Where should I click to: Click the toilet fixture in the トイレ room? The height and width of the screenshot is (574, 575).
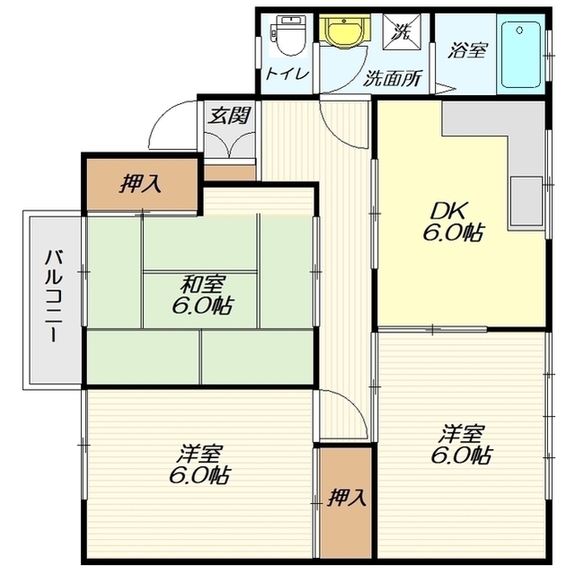[x=288, y=36]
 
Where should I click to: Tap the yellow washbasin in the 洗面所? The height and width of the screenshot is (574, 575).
[x=343, y=31]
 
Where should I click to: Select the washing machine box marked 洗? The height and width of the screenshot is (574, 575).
[x=402, y=31]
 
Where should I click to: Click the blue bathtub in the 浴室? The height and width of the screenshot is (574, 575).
[x=521, y=55]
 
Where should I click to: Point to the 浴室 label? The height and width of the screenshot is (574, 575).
[x=467, y=50]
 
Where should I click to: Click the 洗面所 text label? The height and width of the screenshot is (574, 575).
[x=393, y=77]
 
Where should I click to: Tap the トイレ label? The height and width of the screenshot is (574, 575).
[x=287, y=74]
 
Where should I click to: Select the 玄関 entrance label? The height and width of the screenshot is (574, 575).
[x=229, y=115]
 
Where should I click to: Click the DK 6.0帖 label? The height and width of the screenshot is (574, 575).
[x=453, y=221]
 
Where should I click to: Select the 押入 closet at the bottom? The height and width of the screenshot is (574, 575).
[x=346, y=502]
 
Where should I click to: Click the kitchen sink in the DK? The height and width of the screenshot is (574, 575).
[x=526, y=201]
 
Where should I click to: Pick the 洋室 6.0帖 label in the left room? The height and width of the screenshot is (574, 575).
[x=199, y=464]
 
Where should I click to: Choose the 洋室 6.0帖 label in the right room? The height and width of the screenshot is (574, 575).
[x=461, y=444]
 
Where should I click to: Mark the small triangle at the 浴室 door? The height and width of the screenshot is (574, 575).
[x=445, y=88]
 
